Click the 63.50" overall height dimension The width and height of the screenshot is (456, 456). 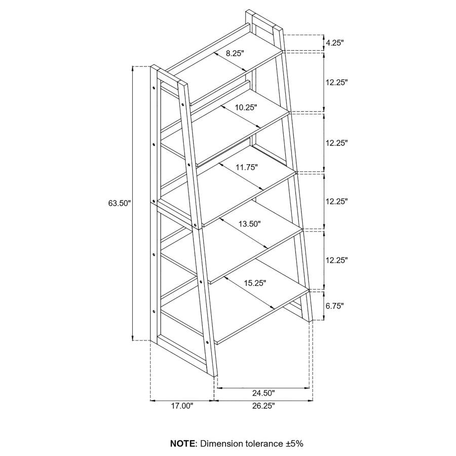[x=120, y=204]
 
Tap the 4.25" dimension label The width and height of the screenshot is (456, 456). [x=335, y=43]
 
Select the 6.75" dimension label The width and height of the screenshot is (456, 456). [x=335, y=306]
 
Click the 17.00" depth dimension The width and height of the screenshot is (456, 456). [x=182, y=405]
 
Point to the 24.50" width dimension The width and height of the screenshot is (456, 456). [x=263, y=393]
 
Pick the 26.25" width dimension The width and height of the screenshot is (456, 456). [x=263, y=405]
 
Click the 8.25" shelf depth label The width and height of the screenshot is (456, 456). [x=235, y=53]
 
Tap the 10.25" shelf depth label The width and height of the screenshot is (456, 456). [x=246, y=107]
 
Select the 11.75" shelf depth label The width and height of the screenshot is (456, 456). [x=247, y=167]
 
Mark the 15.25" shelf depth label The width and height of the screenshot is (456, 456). [x=255, y=283]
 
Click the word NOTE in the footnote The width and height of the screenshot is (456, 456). [x=183, y=443]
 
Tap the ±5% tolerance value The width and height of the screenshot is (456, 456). [x=294, y=443]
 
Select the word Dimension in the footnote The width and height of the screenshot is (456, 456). [x=221, y=443]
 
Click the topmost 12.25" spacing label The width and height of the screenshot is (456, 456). [x=337, y=82]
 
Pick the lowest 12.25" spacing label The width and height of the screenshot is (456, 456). [x=337, y=260]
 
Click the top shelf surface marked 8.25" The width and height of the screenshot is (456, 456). [x=213, y=71]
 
